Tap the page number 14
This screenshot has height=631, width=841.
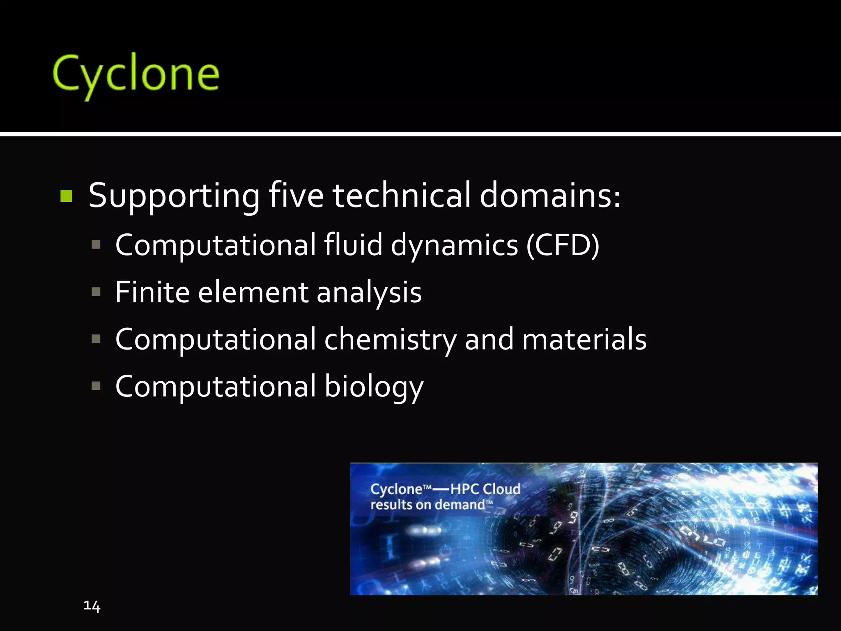tap(92, 606)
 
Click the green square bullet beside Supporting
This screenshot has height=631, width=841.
tap(66, 196)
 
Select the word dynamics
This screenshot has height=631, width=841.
tap(454, 246)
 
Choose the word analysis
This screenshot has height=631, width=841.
tap(369, 293)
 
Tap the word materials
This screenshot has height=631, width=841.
tap(584, 339)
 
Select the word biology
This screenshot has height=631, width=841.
tap(374, 387)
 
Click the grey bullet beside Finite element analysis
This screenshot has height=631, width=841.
tap(96, 292)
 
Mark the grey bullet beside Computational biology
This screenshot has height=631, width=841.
tap(96, 386)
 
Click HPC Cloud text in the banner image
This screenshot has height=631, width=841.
tap(485, 489)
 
